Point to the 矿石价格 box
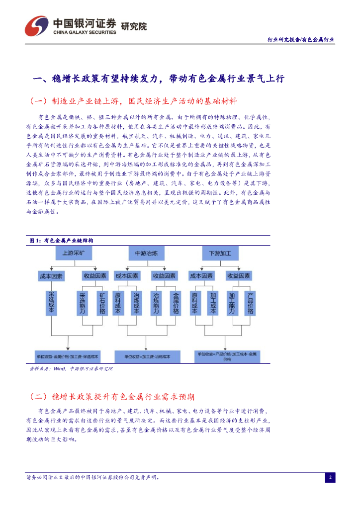click(x=102, y=303)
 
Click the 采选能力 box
click(x=83, y=303)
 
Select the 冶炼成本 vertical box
click(x=136, y=303)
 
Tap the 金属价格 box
click(x=176, y=303)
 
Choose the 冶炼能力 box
click(x=156, y=303)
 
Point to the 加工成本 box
click(x=213, y=303)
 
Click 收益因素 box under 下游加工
click(x=238, y=276)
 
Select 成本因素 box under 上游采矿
click(x=51, y=276)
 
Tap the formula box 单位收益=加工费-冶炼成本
click(x=147, y=356)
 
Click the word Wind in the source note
click(x=60, y=369)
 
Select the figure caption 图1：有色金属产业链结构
click(x=61, y=240)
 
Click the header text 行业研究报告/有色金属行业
click(x=301, y=39)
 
